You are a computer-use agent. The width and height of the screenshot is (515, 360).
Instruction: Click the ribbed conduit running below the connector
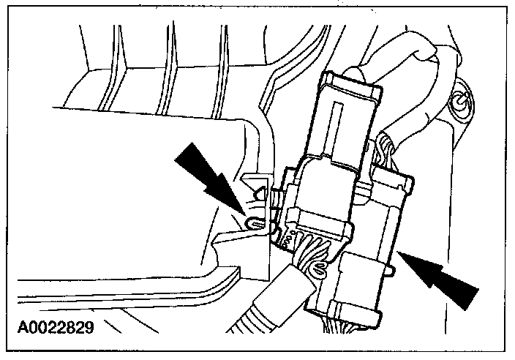click(263, 307)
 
